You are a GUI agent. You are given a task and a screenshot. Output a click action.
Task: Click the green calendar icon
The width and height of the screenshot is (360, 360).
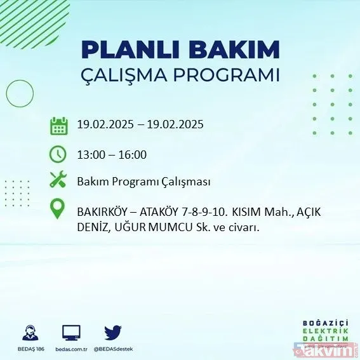pyautogui.click(x=58, y=125)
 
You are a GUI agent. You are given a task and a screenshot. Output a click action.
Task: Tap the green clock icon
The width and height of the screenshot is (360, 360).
pyautogui.click(x=58, y=154)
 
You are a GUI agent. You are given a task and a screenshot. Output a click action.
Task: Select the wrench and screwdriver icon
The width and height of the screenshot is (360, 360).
pyautogui.click(x=58, y=180)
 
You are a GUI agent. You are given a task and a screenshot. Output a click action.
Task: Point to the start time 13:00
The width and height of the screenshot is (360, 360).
pyautogui.click(x=90, y=154)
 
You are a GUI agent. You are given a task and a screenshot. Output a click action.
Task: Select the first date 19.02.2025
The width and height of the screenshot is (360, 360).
pyautogui.click(x=103, y=124)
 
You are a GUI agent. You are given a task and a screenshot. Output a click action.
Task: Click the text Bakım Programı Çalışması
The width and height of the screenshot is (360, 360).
pyautogui.click(x=143, y=182)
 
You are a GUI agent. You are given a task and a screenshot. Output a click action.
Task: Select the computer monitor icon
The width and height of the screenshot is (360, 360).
pyautogui.click(x=71, y=332)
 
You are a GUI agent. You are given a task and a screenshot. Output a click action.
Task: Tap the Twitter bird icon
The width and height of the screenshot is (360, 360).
pyautogui.click(x=112, y=332)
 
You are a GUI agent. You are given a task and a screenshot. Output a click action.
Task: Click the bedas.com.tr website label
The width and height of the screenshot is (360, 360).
pyautogui.click(x=71, y=349)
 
